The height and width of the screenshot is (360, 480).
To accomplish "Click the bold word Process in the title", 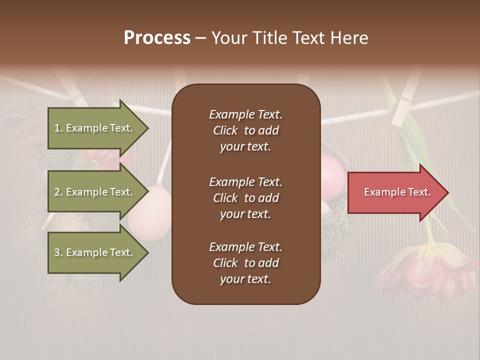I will [157, 38].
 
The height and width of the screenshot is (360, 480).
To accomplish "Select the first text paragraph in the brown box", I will [245, 130].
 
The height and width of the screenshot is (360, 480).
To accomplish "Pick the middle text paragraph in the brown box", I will [245, 198].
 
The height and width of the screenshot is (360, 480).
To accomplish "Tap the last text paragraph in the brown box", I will [245, 263].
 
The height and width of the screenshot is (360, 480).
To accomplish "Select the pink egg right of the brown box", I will [331, 177].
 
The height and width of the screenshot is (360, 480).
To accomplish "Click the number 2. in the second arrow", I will [58, 192].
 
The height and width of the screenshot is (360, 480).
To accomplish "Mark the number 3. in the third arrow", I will [58, 252].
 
